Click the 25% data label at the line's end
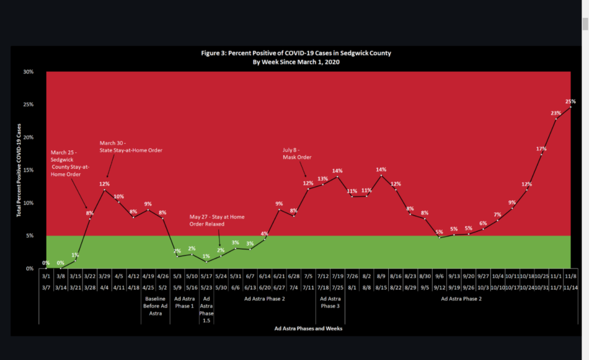571,101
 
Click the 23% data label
556,113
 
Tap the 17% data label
541,149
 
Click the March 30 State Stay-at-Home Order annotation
131,147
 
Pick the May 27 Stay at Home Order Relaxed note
217,221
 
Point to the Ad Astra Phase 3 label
330,302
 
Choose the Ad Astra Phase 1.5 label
206,309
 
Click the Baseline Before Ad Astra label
155,306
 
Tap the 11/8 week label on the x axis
570,276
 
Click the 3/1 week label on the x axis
46,276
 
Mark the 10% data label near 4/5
119,197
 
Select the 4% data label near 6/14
265,233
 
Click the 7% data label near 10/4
497,215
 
